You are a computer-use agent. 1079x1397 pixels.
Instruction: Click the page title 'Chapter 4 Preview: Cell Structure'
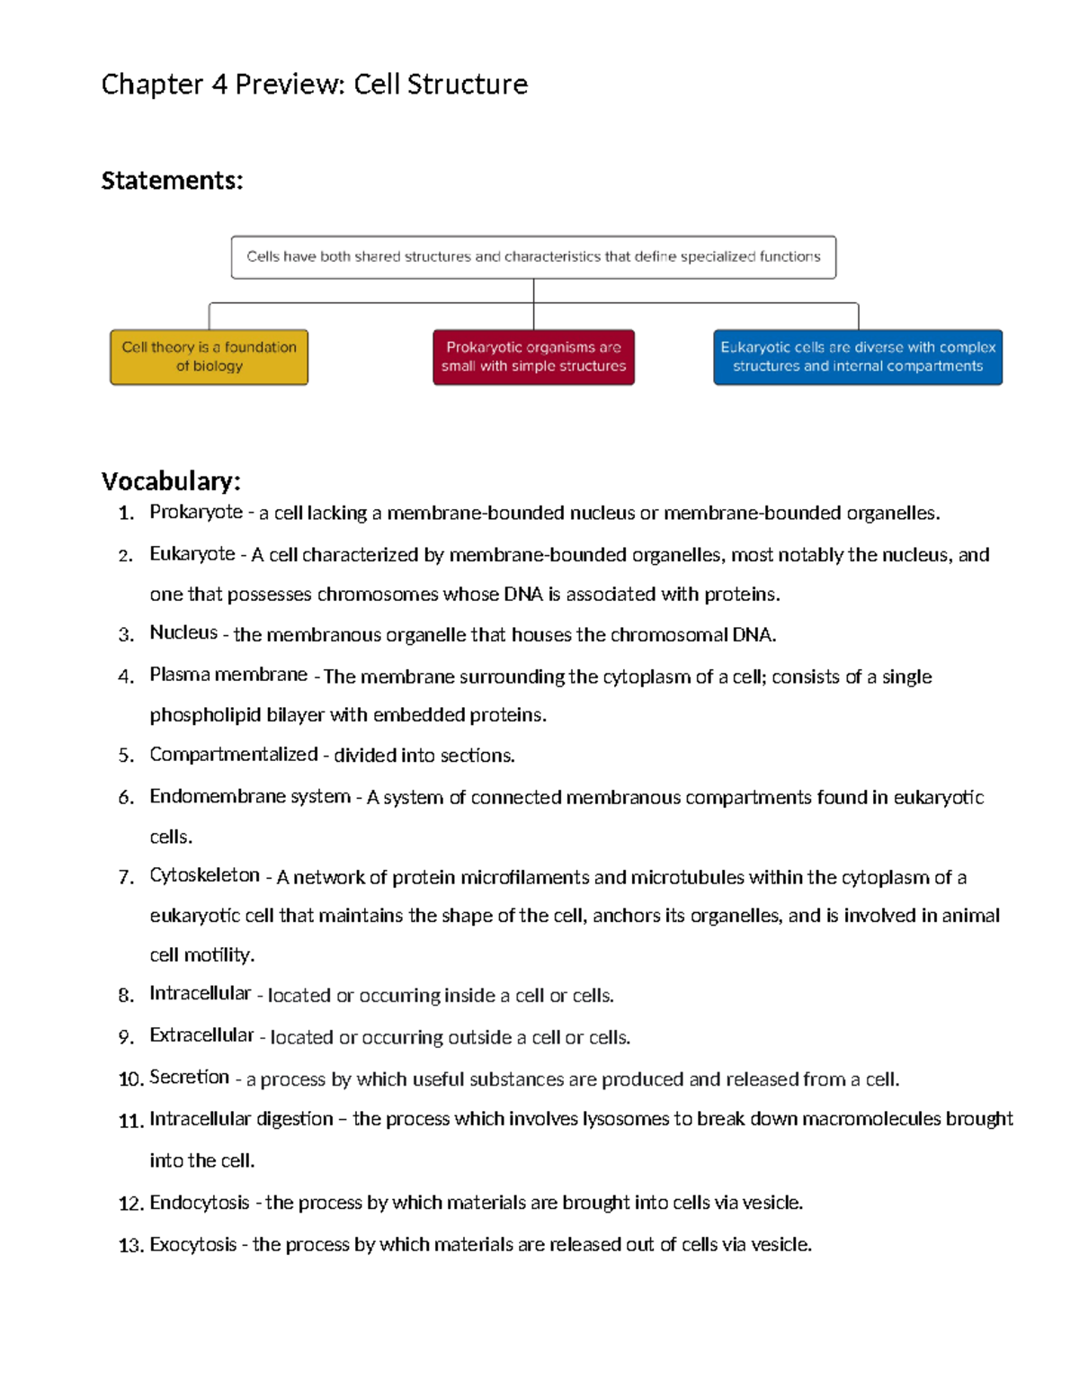314,85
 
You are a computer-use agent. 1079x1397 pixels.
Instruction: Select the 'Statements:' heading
172,181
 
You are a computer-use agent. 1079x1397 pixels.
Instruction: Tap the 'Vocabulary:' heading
171,481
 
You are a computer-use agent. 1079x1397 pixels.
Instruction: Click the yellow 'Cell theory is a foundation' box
209,357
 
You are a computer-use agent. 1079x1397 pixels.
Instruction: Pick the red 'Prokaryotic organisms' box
533,357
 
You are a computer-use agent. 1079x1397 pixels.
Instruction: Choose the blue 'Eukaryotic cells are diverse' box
857,357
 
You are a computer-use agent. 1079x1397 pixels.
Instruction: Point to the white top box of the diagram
533,257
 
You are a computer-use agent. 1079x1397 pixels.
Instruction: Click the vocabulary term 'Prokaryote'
196,512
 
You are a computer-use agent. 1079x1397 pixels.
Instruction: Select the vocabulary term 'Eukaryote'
192,554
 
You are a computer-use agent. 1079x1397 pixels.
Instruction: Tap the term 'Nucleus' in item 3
183,633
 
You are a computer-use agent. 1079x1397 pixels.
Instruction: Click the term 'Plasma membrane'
228,675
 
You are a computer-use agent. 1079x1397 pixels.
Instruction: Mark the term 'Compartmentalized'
234,754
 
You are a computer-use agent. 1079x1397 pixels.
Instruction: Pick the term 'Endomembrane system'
250,796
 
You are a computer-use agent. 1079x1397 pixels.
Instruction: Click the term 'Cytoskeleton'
204,875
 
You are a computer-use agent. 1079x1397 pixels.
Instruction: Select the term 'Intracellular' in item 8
200,993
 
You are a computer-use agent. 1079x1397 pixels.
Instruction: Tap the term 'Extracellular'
201,1035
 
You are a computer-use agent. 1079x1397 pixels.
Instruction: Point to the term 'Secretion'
189,1077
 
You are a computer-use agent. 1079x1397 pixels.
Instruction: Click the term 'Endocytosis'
200,1203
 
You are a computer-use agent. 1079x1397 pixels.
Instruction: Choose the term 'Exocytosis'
193,1245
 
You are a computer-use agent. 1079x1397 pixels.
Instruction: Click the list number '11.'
130,1121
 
